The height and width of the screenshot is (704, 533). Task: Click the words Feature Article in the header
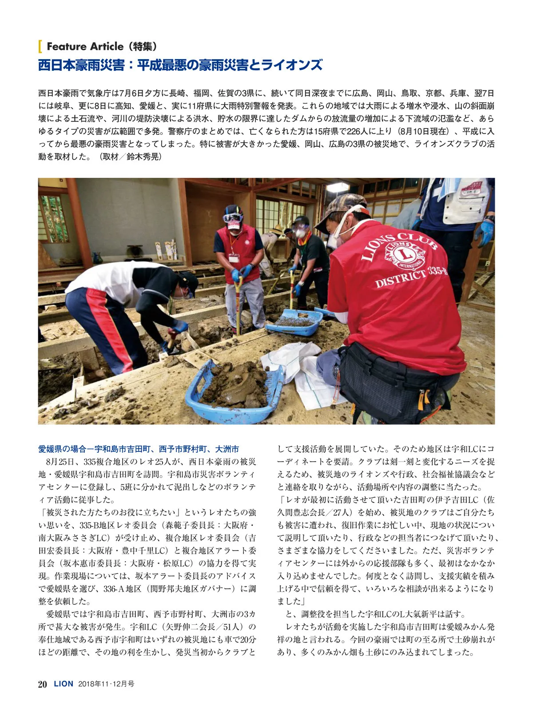(85, 46)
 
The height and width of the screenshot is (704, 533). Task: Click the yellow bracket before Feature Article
(40, 46)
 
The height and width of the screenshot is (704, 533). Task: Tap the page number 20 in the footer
(43, 684)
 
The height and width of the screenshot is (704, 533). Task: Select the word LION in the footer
(64, 684)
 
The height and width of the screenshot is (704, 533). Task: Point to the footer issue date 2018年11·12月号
(106, 684)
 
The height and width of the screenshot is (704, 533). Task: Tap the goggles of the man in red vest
(234, 218)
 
